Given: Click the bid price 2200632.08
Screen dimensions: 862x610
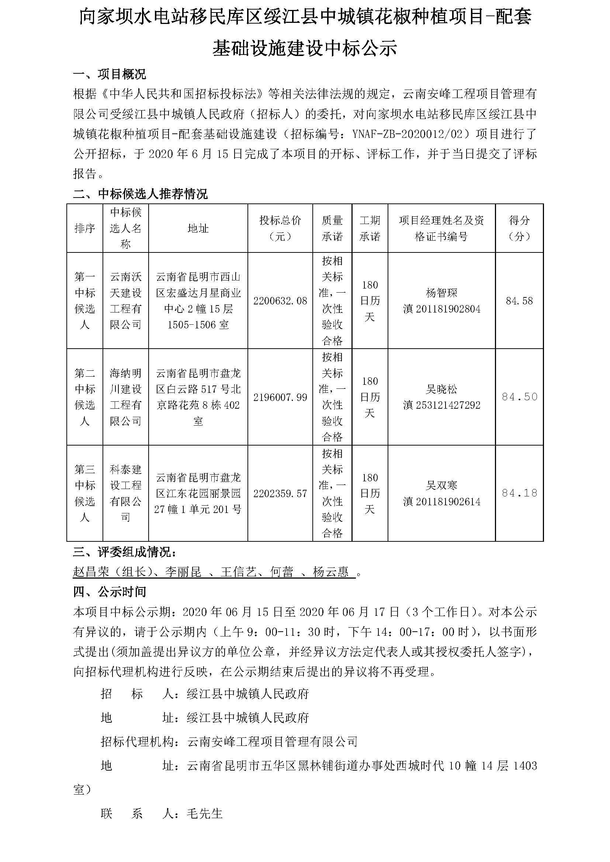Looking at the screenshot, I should tap(280, 301).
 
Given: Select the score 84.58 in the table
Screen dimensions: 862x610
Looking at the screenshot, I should tap(519, 301).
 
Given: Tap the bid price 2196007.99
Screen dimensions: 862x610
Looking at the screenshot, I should tap(280, 397).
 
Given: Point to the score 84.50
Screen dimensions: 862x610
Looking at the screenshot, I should tap(520, 397).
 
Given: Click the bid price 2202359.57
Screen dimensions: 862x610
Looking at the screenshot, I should tap(280, 493).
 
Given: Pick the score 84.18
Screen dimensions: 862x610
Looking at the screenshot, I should tap(520, 493).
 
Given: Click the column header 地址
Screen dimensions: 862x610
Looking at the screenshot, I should tap(198, 228).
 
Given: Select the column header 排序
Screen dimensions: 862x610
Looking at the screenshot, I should tap(84, 228).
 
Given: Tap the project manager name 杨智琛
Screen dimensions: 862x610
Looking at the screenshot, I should tap(441, 293).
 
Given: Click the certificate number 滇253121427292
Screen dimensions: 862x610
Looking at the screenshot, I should tap(441, 405).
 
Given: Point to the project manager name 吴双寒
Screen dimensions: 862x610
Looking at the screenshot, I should tap(441, 485).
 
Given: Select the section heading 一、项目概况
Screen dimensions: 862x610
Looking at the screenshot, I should tap(109, 74).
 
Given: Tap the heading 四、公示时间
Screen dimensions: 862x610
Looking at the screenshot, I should tap(109, 592).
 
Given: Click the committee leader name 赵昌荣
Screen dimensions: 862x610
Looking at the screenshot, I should tap(90, 572).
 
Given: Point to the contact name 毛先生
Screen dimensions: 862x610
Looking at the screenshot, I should tap(205, 813).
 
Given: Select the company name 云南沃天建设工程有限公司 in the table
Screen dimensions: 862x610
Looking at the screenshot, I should tap(125, 301).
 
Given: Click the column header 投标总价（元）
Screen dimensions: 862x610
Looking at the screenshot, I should tap(280, 228).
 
